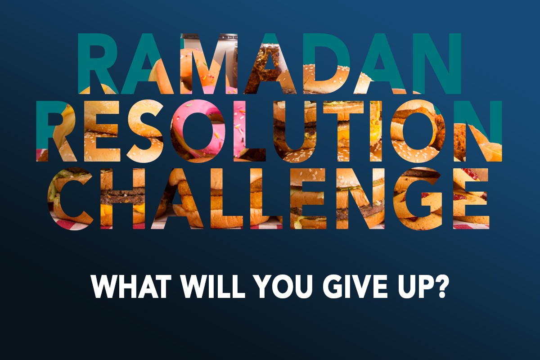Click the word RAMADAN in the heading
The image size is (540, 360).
pos(269,63)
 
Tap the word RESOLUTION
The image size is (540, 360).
pos(269,131)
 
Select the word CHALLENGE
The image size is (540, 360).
pos(269,198)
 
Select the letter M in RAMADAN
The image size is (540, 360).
pos(209,63)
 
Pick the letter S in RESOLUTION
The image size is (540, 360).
pos(145,131)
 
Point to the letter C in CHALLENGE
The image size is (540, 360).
pos(70,198)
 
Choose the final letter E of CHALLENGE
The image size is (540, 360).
pos(472,198)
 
